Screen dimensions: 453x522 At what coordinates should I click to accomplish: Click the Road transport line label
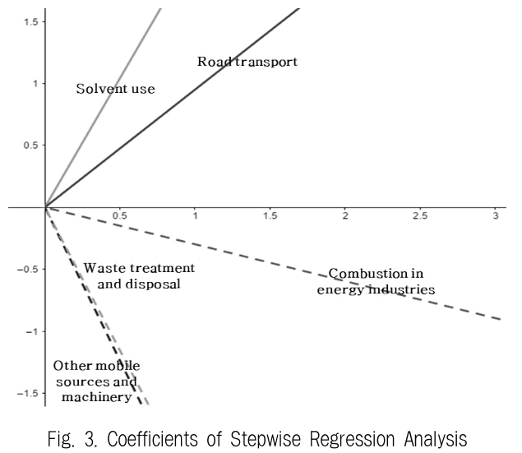[247, 61]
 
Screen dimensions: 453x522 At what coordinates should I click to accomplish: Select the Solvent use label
[115, 88]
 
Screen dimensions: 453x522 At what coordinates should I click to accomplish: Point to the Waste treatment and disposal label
[138, 276]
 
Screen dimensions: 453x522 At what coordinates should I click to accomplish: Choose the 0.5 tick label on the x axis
[120, 216]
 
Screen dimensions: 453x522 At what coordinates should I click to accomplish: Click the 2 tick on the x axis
[344, 216]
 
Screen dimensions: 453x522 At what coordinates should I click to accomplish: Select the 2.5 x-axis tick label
[419, 216]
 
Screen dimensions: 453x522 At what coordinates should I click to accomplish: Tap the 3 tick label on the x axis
[494, 216]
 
